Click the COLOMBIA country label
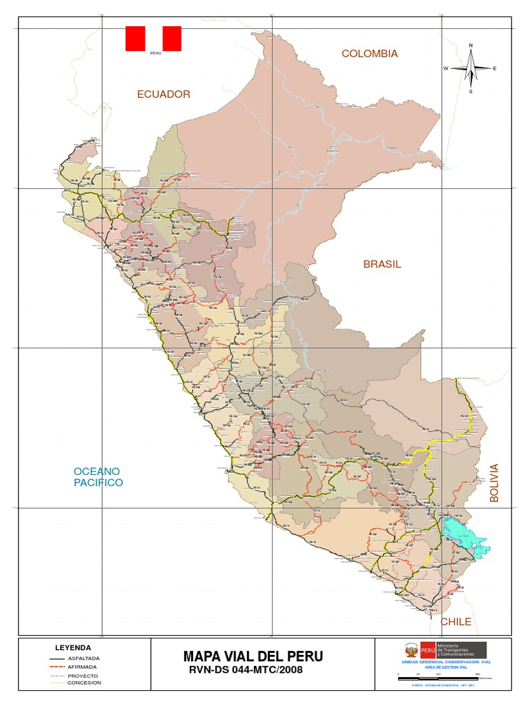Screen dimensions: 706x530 pos(369,54)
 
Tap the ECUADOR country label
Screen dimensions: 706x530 pos(163,94)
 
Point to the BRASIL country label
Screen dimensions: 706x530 pos(382,264)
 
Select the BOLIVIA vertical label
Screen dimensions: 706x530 pos(493,483)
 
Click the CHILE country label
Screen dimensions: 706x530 pos(456,622)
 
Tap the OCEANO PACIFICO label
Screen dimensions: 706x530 pos(98,476)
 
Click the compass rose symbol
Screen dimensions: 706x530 pos(471,68)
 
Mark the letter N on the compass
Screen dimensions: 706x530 pos(471,46)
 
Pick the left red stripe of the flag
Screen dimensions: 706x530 pos(135,39)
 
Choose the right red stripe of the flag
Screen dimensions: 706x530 pos(172,39)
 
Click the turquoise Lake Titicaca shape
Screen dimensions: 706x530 pos(462,536)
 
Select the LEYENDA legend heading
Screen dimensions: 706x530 pos(72,648)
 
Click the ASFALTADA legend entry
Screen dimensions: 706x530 pos(83,658)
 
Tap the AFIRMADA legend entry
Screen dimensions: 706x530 pos(82,667)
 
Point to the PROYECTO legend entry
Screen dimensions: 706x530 pos(82,676)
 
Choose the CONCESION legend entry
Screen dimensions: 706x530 pos(84,683)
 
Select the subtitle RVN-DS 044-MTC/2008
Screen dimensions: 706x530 pos(245,669)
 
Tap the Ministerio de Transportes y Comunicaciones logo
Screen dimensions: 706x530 pos(444,649)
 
